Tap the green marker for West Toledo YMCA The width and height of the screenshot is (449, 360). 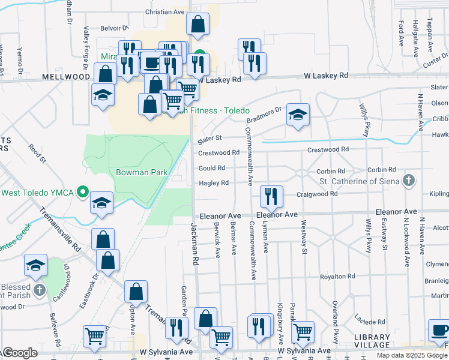pyautogui.click(x=83, y=193)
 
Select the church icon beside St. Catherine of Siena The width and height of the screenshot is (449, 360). pyautogui.click(x=408, y=181)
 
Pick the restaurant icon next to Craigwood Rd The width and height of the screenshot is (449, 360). pyautogui.click(x=271, y=196)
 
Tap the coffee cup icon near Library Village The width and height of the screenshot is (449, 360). pyautogui.click(x=439, y=331)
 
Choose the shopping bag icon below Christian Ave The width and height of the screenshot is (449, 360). pyautogui.click(x=197, y=25)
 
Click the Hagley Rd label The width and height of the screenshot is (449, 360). pyautogui.click(x=214, y=183)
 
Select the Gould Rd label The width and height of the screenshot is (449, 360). pyautogui.click(x=212, y=168)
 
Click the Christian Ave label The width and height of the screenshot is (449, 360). pyautogui.click(x=165, y=12)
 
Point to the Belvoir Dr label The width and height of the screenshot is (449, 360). pyautogui.click(x=114, y=28)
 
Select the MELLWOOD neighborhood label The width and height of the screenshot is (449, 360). pyautogui.click(x=66, y=77)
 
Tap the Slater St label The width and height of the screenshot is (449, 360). pyautogui.click(x=210, y=140)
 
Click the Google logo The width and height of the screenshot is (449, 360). pyautogui.click(x=19, y=353)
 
